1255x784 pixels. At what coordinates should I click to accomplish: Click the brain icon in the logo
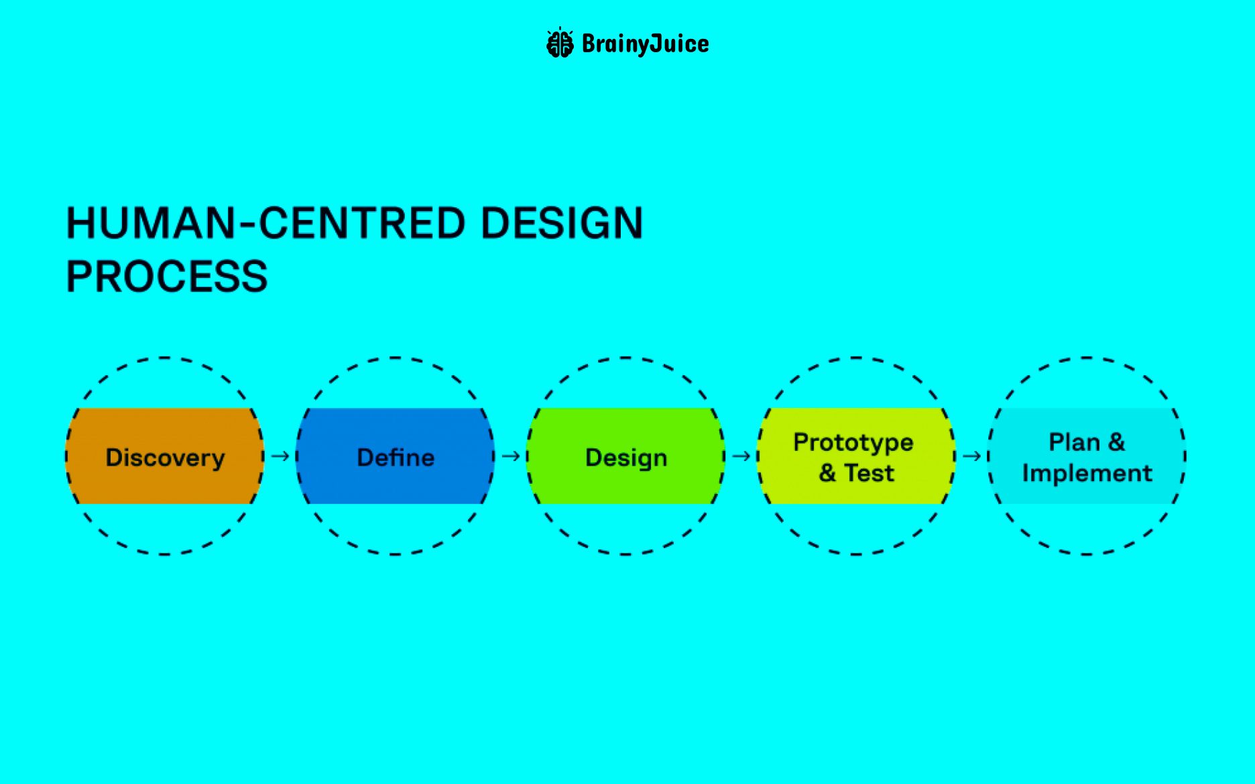pos(560,43)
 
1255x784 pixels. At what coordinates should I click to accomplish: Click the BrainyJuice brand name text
pos(646,44)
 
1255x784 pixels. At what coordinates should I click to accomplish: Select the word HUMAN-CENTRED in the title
pos(265,223)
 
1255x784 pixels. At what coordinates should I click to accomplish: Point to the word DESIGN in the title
pos(562,223)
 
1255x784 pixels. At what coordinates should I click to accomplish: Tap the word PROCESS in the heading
pos(167,277)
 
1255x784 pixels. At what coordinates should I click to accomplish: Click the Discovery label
pos(165,458)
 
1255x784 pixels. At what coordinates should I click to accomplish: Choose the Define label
pos(396,458)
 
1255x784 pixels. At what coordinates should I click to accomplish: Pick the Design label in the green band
pos(626,458)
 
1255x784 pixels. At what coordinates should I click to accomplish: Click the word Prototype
pos(853,443)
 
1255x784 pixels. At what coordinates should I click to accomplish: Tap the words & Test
pos(856,473)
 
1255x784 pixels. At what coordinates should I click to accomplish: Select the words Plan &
pos(1087,442)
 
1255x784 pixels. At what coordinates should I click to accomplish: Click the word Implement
pos(1087,474)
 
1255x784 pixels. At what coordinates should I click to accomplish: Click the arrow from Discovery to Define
pos(280,456)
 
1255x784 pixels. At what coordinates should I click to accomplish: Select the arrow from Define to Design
pos(511,456)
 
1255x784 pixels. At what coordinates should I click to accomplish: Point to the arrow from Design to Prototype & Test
pos(741,456)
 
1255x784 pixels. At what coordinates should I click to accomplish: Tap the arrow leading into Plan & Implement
pos(972,456)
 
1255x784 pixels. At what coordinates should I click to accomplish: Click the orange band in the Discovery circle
pos(165,422)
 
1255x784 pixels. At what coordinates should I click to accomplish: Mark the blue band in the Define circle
pos(396,422)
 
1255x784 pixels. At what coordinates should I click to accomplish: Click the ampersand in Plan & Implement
pos(1116,442)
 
